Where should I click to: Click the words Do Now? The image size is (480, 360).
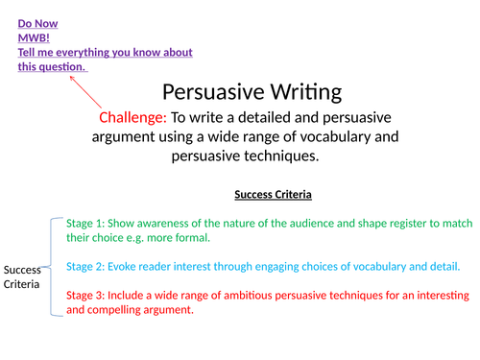coord(36,21)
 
